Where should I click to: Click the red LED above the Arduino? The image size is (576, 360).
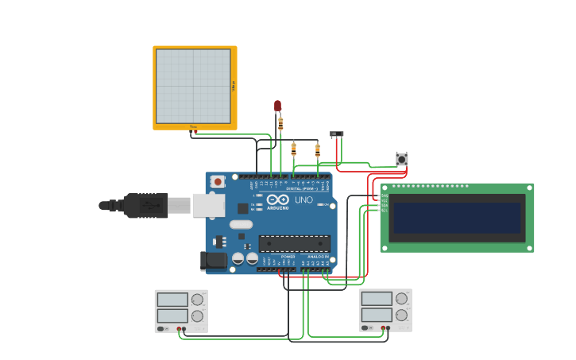277,105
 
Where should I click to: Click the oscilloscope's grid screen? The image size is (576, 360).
193,85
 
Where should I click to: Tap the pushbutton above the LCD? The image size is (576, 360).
402,159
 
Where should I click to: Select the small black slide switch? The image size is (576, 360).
337,134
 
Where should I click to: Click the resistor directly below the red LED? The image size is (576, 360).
280,123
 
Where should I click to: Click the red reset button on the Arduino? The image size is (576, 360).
218,181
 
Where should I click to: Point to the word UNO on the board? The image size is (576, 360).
303,199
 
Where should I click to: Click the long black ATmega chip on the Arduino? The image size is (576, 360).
294,243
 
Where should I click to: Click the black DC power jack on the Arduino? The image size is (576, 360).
213,260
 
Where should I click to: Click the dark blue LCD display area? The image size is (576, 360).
457,217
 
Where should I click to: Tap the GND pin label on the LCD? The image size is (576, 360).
385,195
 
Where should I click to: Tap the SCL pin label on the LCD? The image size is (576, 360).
385,211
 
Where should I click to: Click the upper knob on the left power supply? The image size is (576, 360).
196,300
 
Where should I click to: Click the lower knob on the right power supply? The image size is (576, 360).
401,315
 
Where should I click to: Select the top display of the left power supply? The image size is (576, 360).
172,300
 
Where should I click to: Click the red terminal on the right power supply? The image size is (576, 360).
389,328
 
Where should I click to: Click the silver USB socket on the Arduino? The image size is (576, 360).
208,205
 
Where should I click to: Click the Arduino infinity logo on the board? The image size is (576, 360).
278,199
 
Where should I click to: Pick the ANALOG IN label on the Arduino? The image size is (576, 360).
316,257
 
